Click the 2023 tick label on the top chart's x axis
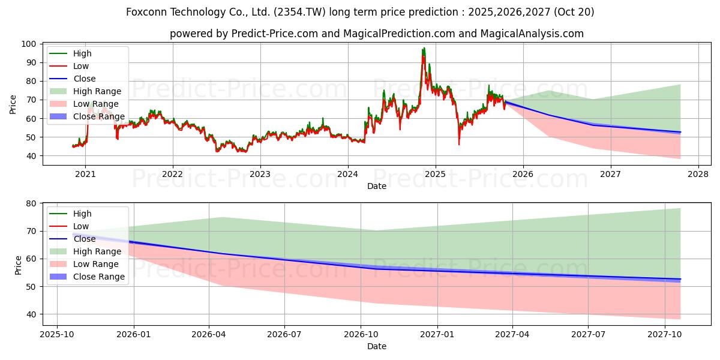(260, 175)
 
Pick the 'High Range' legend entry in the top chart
(97, 91)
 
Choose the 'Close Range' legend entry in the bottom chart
(99, 277)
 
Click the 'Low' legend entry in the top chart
(82, 66)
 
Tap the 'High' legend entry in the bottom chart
(82, 214)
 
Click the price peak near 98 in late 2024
(424, 48)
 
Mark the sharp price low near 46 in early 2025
(459, 144)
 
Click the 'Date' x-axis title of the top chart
(377, 187)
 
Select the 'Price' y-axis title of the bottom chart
(19, 265)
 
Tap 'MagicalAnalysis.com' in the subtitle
(532, 34)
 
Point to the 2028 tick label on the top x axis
(698, 175)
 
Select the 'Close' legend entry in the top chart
(85, 79)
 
